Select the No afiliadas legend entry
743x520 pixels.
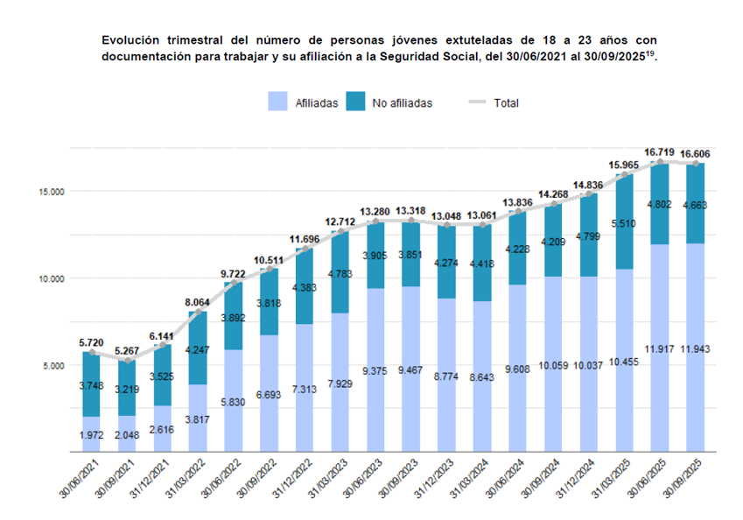[390, 102]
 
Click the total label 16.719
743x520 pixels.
[660, 152]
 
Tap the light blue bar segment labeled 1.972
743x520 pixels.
[91, 434]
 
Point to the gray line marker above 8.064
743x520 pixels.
[199, 312]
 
